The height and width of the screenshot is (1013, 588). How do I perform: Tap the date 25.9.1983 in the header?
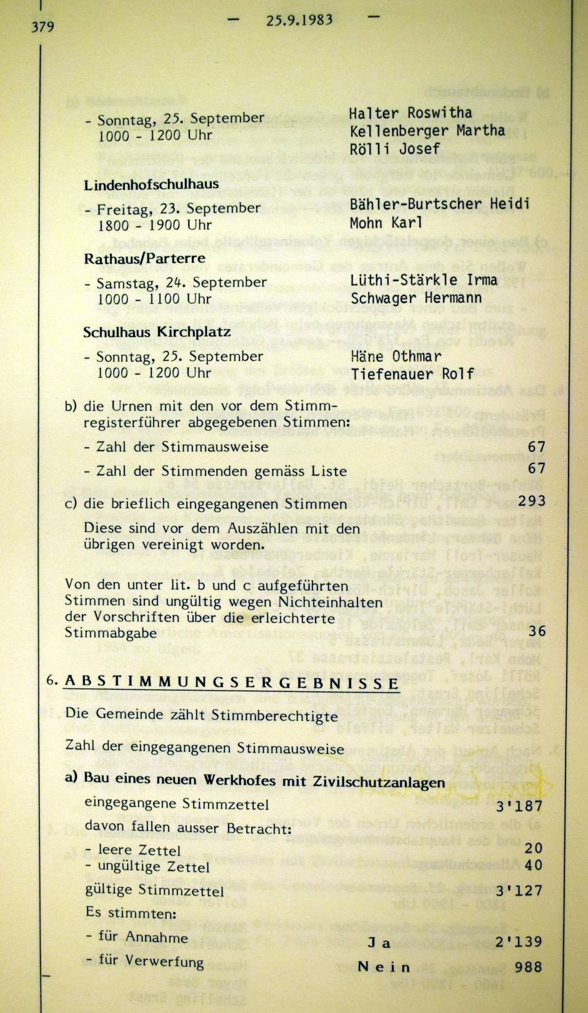[299, 19]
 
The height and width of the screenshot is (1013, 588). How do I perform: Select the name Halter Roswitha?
[410, 113]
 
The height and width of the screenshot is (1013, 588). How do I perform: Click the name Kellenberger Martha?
[427, 131]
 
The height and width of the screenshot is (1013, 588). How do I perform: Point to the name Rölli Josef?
[394, 149]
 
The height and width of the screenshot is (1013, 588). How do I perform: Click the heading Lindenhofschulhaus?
[151, 184]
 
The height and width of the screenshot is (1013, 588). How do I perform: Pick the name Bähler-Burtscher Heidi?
[439, 204]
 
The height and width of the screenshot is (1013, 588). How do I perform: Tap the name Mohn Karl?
[386, 222]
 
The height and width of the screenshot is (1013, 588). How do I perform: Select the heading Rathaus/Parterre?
[144, 259]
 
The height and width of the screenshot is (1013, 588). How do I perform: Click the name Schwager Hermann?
[416, 298]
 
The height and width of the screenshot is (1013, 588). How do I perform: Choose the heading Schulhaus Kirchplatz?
[157, 332]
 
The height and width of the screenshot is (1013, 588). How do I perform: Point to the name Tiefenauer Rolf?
[412, 373]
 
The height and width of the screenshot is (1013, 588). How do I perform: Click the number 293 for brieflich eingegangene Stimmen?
[532, 501]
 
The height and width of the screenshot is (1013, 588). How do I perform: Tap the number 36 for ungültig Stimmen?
[537, 631]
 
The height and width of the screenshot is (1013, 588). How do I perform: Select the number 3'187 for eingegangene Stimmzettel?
[519, 806]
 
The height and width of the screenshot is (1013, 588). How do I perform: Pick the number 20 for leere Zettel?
[534, 848]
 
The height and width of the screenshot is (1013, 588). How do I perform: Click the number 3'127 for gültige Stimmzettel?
[519, 890]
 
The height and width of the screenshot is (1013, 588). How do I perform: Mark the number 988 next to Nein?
[528, 967]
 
